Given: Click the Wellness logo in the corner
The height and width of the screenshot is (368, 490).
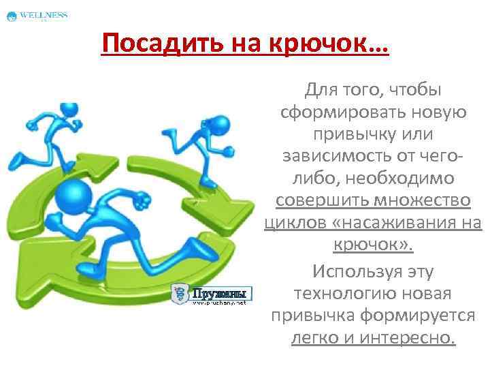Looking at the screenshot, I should click(x=37, y=16).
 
